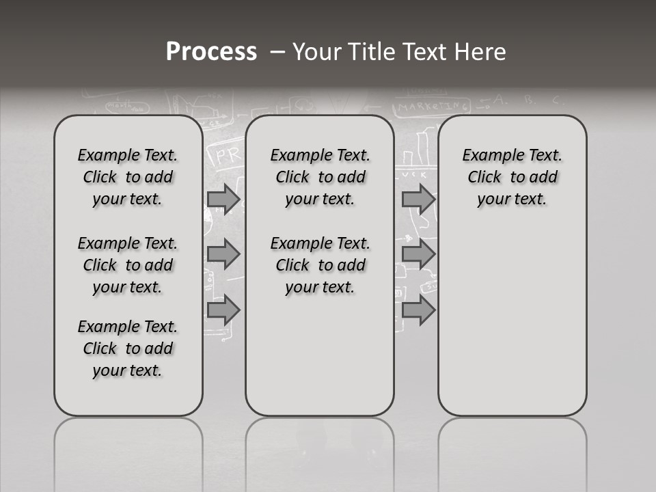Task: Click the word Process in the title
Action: click(211, 52)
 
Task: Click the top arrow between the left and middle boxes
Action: click(223, 199)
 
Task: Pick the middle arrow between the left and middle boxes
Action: click(223, 254)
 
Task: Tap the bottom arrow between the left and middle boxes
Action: click(223, 310)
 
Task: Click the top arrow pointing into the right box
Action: click(418, 199)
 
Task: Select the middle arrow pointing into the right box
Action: click(418, 254)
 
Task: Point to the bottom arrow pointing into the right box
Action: click(418, 310)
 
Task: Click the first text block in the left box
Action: click(128, 177)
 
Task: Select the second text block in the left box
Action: click(128, 265)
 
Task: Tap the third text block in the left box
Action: click(128, 348)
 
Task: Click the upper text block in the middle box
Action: click(320, 177)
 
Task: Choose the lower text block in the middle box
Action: click(320, 265)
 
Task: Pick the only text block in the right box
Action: click(512, 177)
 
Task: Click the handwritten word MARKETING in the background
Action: click(435, 107)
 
